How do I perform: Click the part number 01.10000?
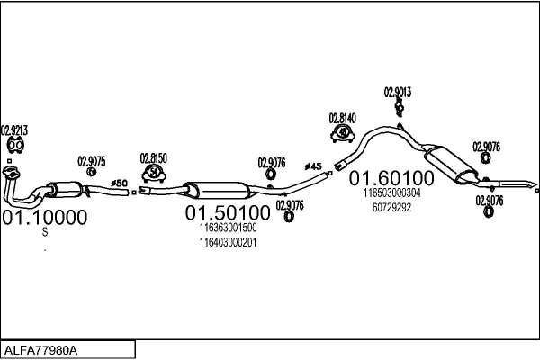point(44,217)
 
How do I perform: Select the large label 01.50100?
point(228,213)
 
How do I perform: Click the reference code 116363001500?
point(228,229)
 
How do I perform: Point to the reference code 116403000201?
point(228,242)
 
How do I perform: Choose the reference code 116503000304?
point(391,193)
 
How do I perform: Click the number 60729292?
point(391,206)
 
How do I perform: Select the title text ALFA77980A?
point(41,349)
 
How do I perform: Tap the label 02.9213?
point(14,130)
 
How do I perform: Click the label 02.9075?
point(92,161)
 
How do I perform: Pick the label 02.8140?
point(343,118)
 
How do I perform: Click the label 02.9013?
point(398,92)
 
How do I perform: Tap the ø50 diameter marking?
point(119,184)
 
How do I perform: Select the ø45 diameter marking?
point(313,166)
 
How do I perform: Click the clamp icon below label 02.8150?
point(154,172)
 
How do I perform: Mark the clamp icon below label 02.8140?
point(343,134)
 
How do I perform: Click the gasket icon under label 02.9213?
point(14,145)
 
